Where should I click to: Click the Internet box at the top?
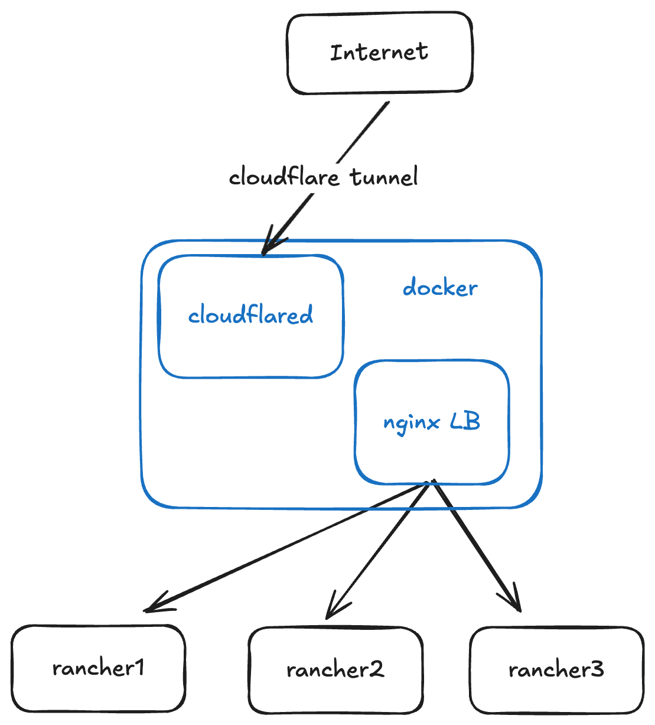coord(379,53)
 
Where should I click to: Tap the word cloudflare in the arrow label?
coord(283,177)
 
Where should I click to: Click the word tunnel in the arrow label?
coord(384,177)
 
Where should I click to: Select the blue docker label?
coord(440,288)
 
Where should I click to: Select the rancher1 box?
coord(98,668)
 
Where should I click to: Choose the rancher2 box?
coord(335,670)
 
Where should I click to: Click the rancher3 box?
coord(556,670)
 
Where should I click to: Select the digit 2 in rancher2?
coord(377,669)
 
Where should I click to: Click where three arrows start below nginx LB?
coord(432,483)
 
